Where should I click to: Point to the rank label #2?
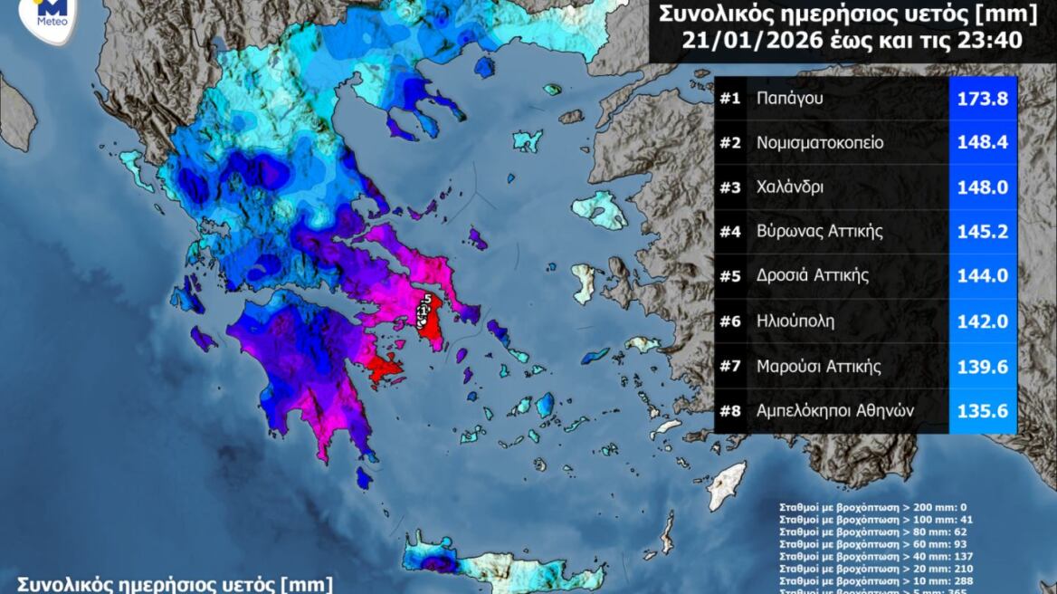pyautogui.click(x=730, y=143)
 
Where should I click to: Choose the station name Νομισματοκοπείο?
pyautogui.click(x=820, y=143)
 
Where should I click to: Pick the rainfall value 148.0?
pyautogui.click(x=983, y=187)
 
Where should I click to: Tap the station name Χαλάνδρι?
pyautogui.click(x=793, y=187)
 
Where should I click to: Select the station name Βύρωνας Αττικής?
pyautogui.click(x=820, y=232)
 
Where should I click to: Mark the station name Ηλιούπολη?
pyautogui.click(x=795, y=321)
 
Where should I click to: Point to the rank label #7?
pyautogui.click(x=730, y=366)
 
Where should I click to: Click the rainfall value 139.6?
pyautogui.click(x=983, y=366)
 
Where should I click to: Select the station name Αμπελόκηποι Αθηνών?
pyautogui.click(x=835, y=410)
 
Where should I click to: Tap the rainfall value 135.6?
pyautogui.click(x=983, y=410)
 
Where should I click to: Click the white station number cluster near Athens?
pyautogui.click(x=424, y=310)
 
